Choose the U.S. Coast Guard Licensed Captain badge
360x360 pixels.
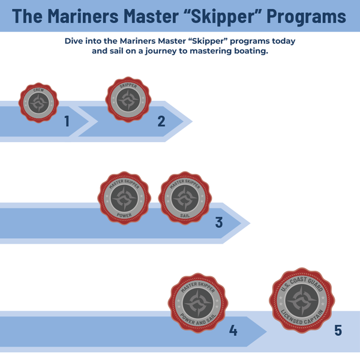tap(302, 299)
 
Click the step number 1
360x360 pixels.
tap(67, 122)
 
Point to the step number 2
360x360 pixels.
tap(161, 122)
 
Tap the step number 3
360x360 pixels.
tap(219, 223)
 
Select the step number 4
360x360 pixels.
tap(233, 330)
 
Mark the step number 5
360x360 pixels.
tap(338, 330)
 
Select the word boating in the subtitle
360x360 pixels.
tap(246, 52)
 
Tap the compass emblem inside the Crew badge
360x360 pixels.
tap(39, 103)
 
